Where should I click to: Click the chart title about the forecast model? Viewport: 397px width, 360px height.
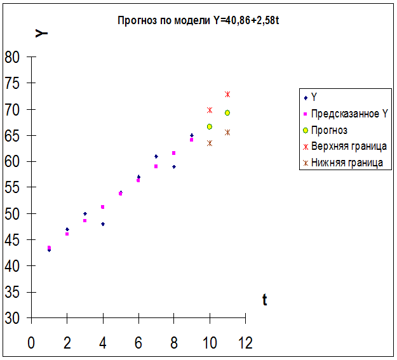[x=199, y=20]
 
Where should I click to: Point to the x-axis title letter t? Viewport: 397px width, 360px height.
[x=264, y=300]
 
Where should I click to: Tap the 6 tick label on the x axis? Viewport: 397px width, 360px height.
[x=138, y=343]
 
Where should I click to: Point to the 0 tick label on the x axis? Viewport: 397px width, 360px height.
[x=31, y=343]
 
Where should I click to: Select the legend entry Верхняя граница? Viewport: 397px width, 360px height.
[x=349, y=147]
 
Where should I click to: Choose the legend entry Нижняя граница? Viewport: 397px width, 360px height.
[x=347, y=163]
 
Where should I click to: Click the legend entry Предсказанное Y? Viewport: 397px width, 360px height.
[x=349, y=114]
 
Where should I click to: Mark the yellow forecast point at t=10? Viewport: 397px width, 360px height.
[x=210, y=127]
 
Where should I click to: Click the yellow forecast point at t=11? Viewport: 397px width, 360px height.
[x=227, y=113]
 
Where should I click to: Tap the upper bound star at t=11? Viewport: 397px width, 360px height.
[x=227, y=94]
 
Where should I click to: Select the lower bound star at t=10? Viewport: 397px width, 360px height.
[x=210, y=143]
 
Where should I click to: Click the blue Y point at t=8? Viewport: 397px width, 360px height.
[x=174, y=167]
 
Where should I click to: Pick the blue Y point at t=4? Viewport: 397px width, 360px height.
[x=103, y=224]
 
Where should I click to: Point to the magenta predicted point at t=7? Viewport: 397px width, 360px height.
[x=156, y=166]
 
